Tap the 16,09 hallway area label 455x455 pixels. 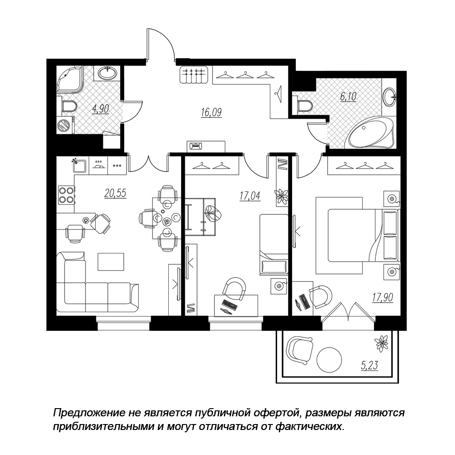click(x=211, y=112)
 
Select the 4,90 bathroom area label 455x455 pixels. click(x=101, y=109)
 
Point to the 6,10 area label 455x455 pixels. click(x=348, y=96)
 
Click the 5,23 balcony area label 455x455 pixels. click(x=369, y=365)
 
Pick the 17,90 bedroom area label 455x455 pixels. click(x=383, y=298)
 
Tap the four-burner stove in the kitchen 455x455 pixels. click(x=66, y=194)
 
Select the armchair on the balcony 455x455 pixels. click(x=299, y=350)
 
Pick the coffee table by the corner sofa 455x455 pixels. click(x=111, y=262)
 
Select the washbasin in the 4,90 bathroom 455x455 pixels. click(x=107, y=72)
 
